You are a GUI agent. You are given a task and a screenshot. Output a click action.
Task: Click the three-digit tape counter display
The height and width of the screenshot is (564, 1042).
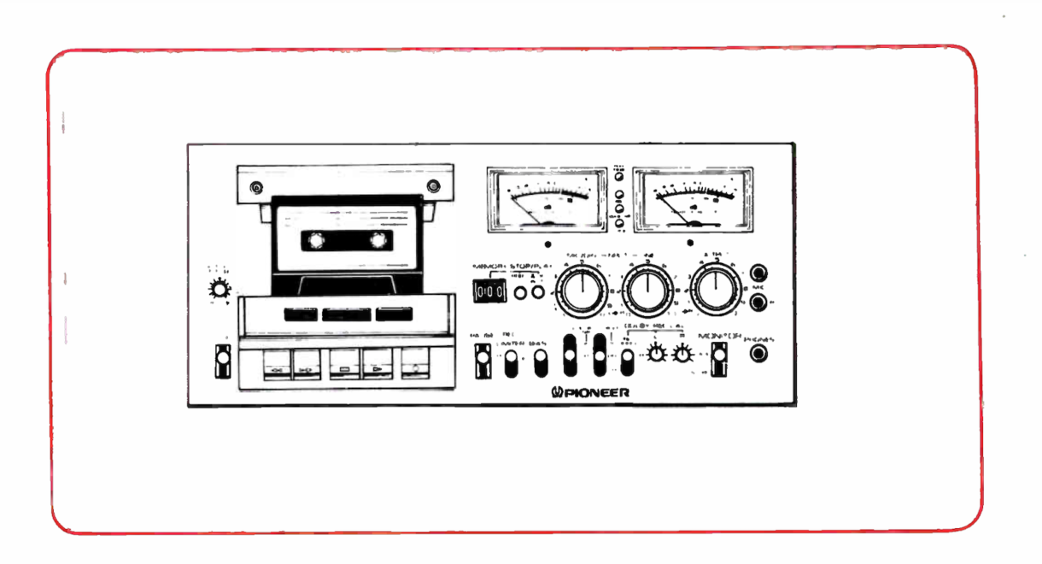tap(489, 292)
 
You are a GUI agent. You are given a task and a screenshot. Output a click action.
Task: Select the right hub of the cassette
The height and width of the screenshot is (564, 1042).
tap(376, 241)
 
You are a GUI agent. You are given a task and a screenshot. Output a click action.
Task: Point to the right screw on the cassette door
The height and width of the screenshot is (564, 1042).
tap(434, 187)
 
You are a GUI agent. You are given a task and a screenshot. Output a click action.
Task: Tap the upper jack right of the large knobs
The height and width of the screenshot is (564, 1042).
tap(756, 274)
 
